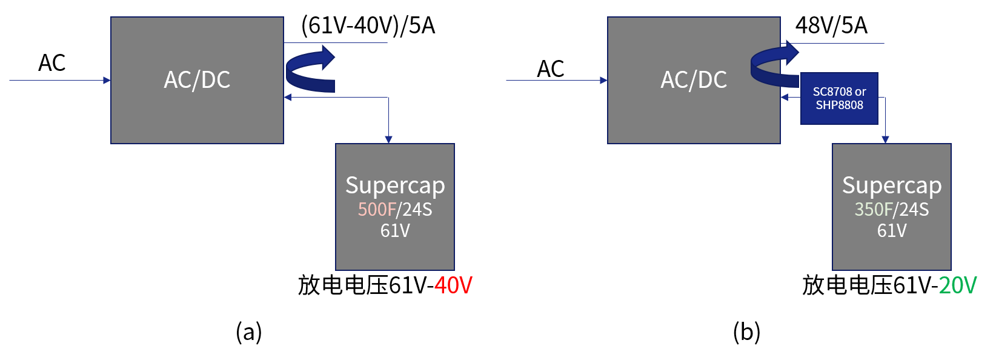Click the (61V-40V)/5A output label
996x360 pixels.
click(x=368, y=26)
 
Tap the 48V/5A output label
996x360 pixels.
click(x=831, y=26)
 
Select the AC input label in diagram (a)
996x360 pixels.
click(x=52, y=63)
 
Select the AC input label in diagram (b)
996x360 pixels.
click(x=551, y=69)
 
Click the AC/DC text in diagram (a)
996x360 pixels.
click(x=197, y=80)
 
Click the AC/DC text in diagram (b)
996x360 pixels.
click(x=694, y=80)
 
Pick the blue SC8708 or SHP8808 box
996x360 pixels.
click(x=839, y=99)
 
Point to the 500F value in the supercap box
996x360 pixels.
click(x=376, y=210)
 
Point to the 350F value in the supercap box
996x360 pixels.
click(x=873, y=210)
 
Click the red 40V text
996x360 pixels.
click(x=453, y=285)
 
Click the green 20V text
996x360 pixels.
click(x=958, y=285)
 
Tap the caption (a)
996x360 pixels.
click(x=249, y=332)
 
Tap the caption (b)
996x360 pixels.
click(x=746, y=332)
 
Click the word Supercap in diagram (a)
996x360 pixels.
click(x=395, y=185)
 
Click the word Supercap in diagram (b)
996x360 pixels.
click(x=892, y=185)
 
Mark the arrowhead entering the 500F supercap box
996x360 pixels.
click(x=388, y=140)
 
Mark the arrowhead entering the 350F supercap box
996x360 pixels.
click(x=885, y=140)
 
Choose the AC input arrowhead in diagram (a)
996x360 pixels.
click(x=107, y=80)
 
